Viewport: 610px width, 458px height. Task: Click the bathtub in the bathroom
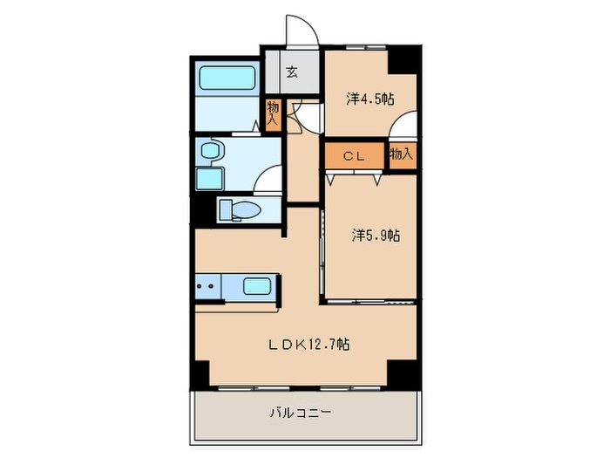pos(227,78)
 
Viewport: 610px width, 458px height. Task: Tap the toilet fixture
pos(240,210)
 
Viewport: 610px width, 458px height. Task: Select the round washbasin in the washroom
pos(211,150)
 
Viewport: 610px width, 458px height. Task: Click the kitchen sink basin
pos(257,287)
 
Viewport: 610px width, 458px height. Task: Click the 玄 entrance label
pos(292,72)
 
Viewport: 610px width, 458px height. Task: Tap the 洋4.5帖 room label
pos(370,99)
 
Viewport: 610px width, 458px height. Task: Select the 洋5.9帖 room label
pos(376,236)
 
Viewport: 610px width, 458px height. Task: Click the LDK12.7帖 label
pos(308,345)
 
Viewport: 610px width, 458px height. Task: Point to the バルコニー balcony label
pos(302,412)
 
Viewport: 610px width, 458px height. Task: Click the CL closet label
pos(354,156)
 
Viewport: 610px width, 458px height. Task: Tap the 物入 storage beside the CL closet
pos(402,154)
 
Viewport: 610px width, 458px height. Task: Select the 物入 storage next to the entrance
pos(273,113)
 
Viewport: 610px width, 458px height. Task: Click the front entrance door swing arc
pos(308,24)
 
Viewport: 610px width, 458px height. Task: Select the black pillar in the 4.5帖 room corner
pos(404,59)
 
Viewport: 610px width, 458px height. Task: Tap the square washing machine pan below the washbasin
pos(210,178)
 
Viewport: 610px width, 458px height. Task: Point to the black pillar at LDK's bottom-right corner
pos(404,374)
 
